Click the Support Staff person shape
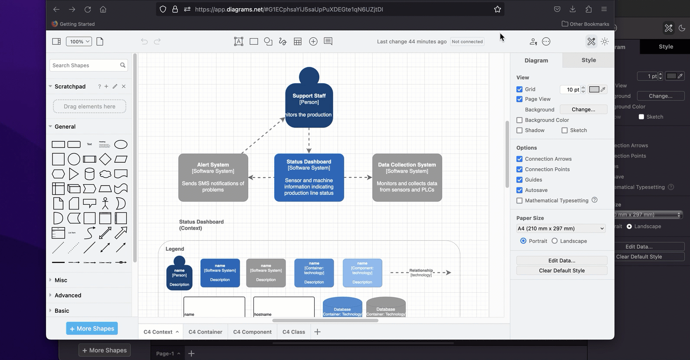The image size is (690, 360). tap(309, 102)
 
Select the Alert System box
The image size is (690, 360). tap(213, 177)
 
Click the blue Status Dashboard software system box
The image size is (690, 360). tap(309, 177)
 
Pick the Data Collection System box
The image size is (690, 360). tap(407, 177)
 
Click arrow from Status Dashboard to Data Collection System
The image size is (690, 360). tap(358, 177)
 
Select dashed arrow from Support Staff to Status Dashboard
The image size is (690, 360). tap(309, 140)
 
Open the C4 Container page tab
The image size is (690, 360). tap(205, 332)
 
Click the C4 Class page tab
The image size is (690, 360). tap(294, 332)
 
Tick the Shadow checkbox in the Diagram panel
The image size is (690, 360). tap(519, 131)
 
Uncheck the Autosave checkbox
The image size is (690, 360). tap(519, 190)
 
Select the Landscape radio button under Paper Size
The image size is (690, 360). tap(555, 241)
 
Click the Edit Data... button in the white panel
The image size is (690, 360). tap(562, 260)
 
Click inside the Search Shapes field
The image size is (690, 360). tap(85, 65)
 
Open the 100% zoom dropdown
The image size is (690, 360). tap(79, 42)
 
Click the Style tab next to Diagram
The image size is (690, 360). tap(588, 60)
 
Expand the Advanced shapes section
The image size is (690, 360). tap(68, 295)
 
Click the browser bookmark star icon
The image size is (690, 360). tap(497, 9)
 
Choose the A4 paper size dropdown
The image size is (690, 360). tap(561, 229)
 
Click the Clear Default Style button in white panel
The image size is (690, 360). tap(562, 271)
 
